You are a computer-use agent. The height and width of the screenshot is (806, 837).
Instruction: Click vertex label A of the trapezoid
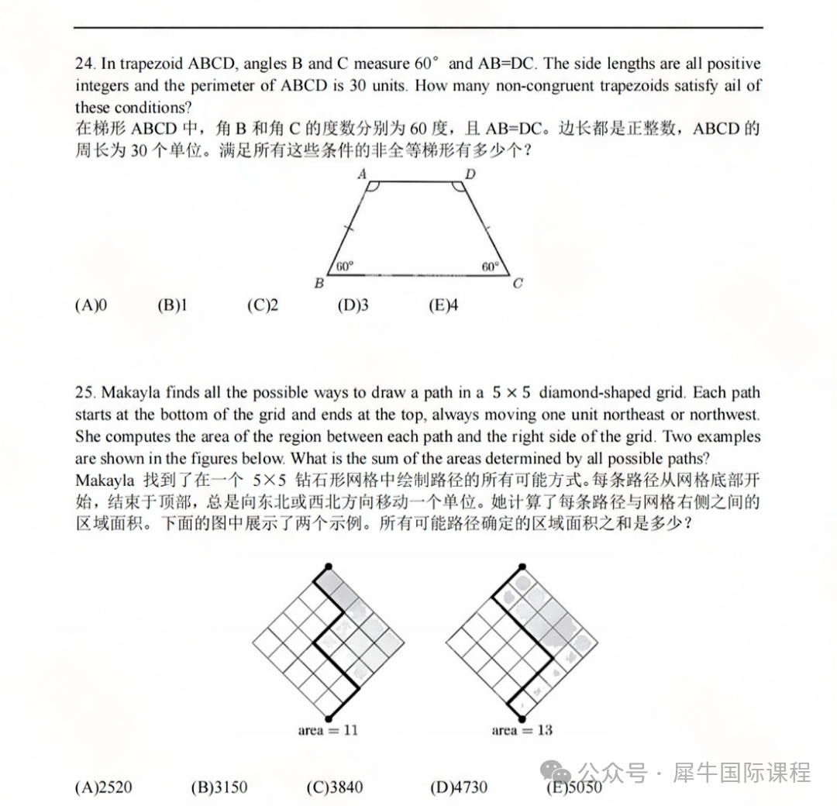pyautogui.click(x=362, y=174)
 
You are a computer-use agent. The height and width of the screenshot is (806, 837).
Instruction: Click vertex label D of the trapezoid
pyautogui.click(x=470, y=174)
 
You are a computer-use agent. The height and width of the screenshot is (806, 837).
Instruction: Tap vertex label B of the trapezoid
pyautogui.click(x=319, y=284)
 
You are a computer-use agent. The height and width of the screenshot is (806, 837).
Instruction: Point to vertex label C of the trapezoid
pyautogui.click(x=518, y=284)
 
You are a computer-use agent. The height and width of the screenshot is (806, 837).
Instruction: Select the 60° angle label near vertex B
pyautogui.click(x=345, y=266)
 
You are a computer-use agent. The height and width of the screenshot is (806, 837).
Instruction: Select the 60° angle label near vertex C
pyautogui.click(x=491, y=266)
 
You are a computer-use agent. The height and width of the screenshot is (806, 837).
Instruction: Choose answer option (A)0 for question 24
pyautogui.click(x=91, y=305)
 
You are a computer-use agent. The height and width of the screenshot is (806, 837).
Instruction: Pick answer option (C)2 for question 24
pyautogui.click(x=263, y=305)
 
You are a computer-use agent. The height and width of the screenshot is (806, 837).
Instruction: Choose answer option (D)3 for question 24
pyautogui.click(x=353, y=305)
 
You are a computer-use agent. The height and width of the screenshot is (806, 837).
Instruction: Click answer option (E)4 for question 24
pyautogui.click(x=443, y=305)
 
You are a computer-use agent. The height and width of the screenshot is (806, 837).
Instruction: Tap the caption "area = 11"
pyautogui.click(x=328, y=730)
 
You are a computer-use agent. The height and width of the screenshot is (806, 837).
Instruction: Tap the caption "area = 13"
pyautogui.click(x=522, y=730)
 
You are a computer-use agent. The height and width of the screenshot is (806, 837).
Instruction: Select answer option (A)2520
pyautogui.click(x=104, y=788)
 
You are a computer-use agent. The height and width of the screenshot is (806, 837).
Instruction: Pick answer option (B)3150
pyautogui.click(x=219, y=788)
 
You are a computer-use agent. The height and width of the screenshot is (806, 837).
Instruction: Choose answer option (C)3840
pyautogui.click(x=334, y=788)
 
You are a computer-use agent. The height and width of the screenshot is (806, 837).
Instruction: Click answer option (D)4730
pyautogui.click(x=459, y=788)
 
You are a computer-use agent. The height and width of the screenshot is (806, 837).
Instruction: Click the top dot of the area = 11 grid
pyautogui.click(x=329, y=567)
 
